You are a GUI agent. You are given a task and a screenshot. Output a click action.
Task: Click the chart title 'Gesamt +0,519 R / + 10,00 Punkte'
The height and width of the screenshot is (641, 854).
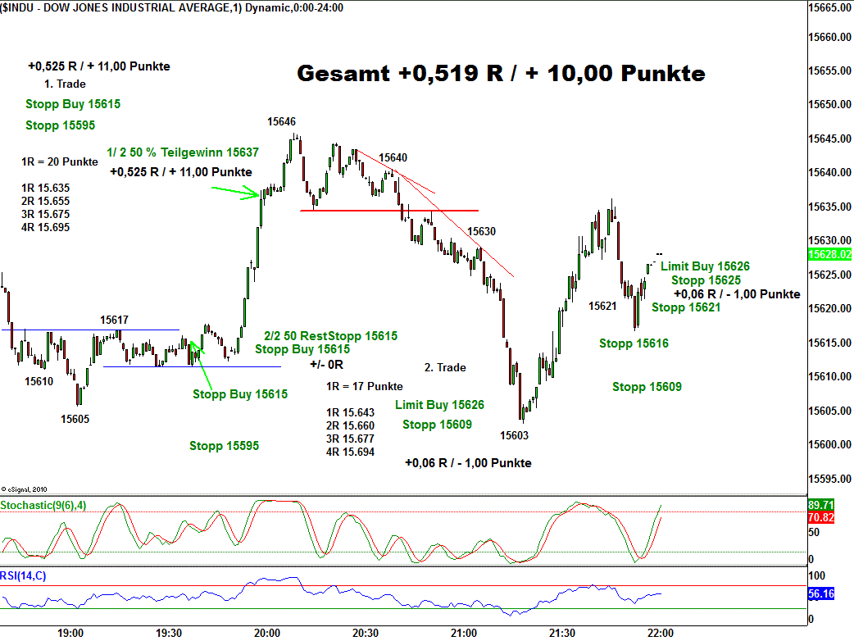tap(501, 74)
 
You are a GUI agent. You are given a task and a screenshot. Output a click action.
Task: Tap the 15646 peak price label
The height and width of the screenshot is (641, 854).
tap(281, 121)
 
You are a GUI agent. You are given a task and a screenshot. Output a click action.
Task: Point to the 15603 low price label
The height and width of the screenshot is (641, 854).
tap(515, 435)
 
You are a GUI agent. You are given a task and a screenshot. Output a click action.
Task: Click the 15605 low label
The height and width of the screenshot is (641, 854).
tap(75, 418)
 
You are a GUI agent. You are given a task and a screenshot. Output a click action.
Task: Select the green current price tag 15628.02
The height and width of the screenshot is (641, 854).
tap(829, 255)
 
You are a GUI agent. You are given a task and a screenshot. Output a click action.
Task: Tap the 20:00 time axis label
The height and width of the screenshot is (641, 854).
tap(267, 633)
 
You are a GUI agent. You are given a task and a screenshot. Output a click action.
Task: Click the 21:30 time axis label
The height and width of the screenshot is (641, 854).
tap(562, 633)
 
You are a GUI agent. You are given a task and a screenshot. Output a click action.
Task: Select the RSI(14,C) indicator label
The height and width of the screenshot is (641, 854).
tap(24, 576)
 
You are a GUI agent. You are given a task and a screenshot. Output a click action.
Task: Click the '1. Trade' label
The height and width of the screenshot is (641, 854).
tap(65, 84)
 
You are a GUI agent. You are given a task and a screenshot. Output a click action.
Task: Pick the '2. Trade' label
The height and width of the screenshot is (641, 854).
tap(445, 367)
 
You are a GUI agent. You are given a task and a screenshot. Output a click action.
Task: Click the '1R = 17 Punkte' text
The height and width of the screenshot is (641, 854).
tap(364, 386)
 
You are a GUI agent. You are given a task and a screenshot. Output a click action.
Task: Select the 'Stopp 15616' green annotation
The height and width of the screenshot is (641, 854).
tap(634, 343)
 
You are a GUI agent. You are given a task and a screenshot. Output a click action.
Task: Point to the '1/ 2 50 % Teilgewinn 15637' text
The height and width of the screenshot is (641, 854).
tap(183, 152)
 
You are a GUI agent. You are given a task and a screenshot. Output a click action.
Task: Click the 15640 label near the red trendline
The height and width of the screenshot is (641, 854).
tap(393, 157)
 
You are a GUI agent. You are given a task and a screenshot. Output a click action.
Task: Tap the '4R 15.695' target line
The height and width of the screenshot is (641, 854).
tap(46, 227)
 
